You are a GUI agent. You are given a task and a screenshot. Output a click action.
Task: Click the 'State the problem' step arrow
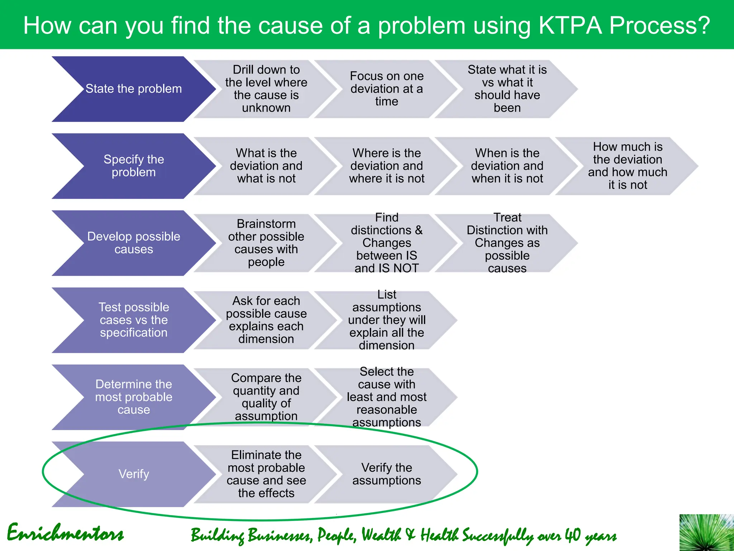[133, 89]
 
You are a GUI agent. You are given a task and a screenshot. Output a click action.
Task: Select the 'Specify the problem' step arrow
[133, 166]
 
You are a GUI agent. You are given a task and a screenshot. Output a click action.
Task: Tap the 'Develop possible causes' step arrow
[133, 243]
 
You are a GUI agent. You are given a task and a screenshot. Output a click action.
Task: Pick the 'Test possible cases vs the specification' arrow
[133, 320]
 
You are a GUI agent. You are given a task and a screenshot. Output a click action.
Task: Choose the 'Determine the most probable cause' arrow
[133, 397]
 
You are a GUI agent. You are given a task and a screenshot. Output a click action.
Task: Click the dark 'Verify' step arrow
[133, 474]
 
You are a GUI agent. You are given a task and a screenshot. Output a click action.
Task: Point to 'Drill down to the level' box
[266, 89]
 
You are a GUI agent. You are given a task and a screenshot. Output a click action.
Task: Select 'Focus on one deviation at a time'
[386, 89]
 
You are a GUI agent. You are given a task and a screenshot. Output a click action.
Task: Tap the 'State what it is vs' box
[507, 89]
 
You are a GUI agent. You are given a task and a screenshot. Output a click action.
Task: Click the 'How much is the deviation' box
[627, 166]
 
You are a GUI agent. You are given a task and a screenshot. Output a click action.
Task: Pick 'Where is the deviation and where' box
[386, 166]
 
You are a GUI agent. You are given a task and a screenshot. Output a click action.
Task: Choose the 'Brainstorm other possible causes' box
[266, 243]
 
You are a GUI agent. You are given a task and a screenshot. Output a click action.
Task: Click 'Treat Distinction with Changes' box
[507, 243]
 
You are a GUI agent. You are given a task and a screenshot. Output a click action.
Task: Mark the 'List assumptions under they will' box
[386, 320]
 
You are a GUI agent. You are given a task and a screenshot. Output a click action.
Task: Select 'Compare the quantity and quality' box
[266, 397]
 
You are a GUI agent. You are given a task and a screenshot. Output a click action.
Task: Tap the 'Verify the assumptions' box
[386, 474]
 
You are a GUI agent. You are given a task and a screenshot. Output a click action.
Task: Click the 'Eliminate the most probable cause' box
[266, 474]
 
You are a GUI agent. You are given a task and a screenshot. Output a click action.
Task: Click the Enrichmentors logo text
[65, 533]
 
